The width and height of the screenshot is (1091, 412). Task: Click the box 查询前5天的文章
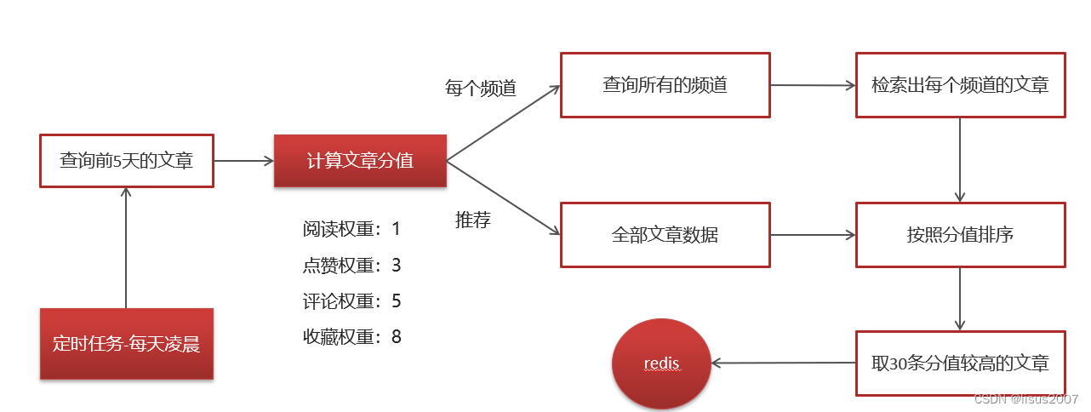pyautogui.click(x=126, y=160)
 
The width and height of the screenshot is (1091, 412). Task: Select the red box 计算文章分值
pyautogui.click(x=360, y=160)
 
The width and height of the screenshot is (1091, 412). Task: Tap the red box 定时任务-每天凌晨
pyautogui.click(x=126, y=344)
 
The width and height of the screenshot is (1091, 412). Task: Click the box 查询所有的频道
pyautogui.click(x=665, y=85)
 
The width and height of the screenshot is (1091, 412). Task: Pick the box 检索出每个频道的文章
pyautogui.click(x=960, y=85)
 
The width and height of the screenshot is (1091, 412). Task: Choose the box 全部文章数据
pyautogui.click(x=665, y=234)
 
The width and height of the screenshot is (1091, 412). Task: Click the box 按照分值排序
pyautogui.click(x=960, y=234)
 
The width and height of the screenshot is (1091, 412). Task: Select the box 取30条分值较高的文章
pyautogui.click(x=960, y=363)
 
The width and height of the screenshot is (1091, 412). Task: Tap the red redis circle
pyautogui.click(x=661, y=364)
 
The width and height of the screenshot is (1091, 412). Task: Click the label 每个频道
pyautogui.click(x=481, y=88)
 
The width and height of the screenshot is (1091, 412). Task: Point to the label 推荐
pyautogui.click(x=473, y=220)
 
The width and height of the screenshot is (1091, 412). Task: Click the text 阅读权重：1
pyautogui.click(x=351, y=229)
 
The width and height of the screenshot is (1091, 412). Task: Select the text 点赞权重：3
pyautogui.click(x=351, y=266)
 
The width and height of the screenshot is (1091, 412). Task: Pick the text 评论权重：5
pyautogui.click(x=351, y=301)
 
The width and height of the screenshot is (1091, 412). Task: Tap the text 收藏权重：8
pyautogui.click(x=351, y=337)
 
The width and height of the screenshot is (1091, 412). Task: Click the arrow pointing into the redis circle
pyautogui.click(x=783, y=363)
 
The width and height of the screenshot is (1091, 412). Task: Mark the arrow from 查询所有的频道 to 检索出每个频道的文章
pyautogui.click(x=813, y=86)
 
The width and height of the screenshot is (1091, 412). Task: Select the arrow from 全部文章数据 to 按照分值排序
pyautogui.click(x=813, y=234)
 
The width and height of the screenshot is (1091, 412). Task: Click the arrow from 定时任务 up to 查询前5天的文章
pyautogui.click(x=126, y=247)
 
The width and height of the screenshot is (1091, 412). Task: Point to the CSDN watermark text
pyautogui.click(x=1026, y=399)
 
